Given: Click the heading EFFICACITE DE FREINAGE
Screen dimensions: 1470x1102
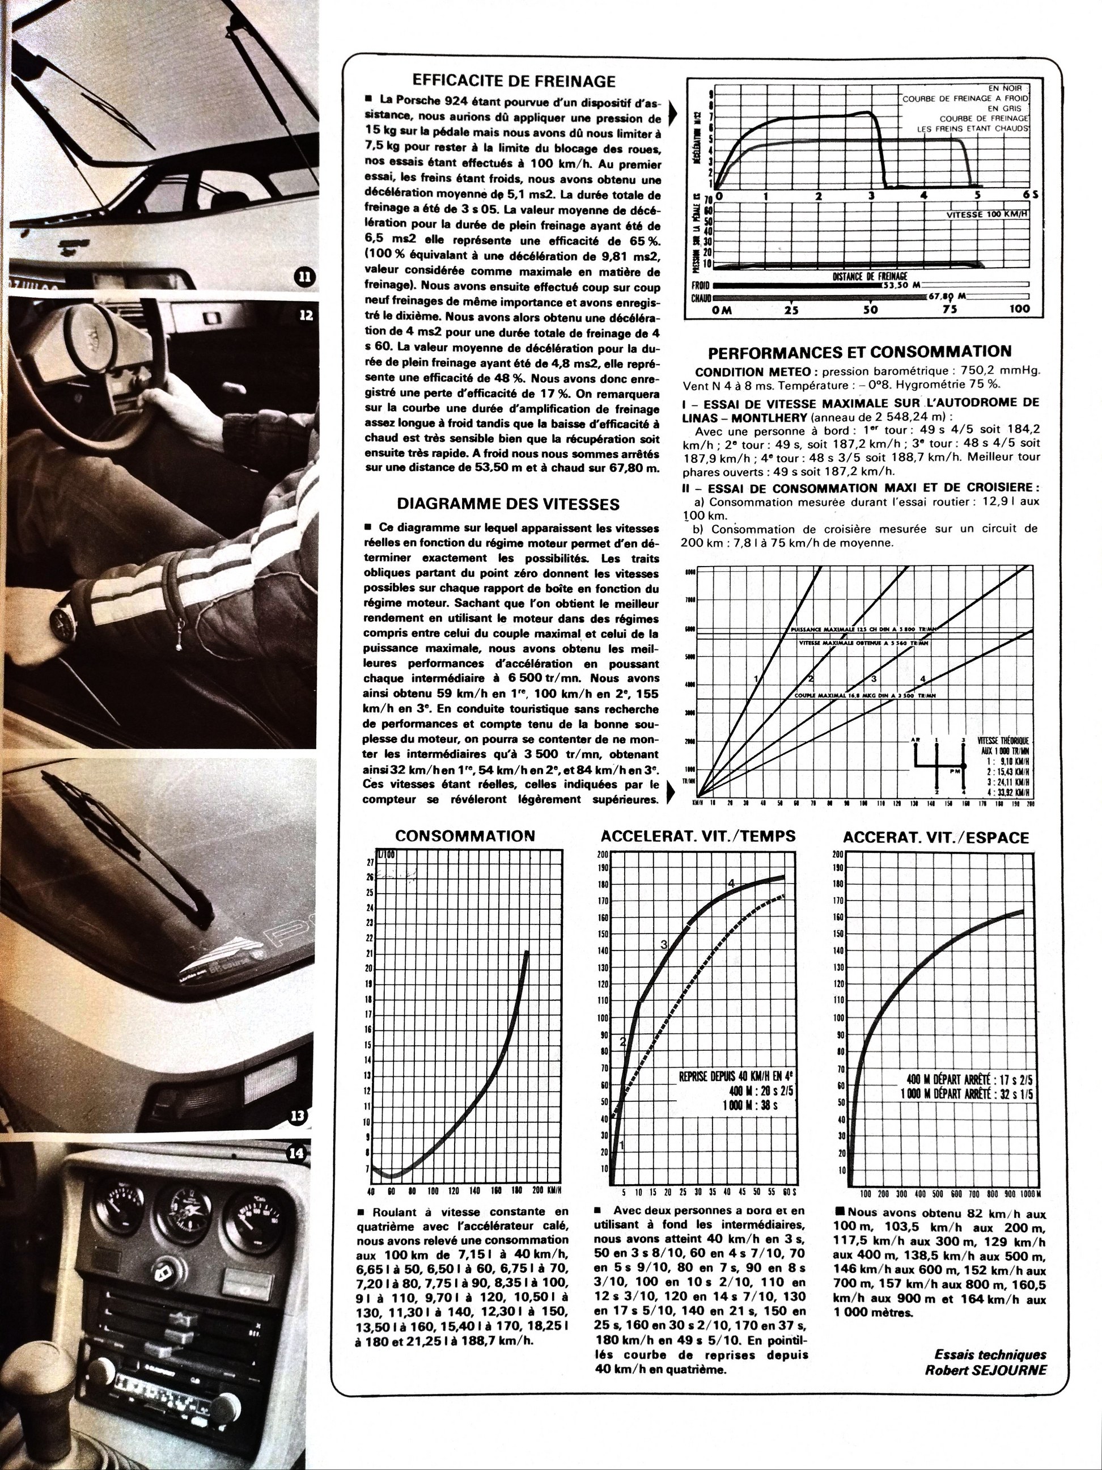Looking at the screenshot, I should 514,81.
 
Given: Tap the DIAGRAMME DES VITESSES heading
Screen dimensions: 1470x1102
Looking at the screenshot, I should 508,504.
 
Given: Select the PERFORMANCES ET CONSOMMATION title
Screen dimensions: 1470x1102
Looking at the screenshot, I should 859,352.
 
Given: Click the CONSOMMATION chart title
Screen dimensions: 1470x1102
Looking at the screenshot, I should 464,836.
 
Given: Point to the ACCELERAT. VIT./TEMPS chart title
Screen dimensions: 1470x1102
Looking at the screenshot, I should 697,836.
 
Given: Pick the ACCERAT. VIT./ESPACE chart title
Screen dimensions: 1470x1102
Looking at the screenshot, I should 935,837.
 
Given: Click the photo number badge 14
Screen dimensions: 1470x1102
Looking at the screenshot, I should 296,1154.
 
